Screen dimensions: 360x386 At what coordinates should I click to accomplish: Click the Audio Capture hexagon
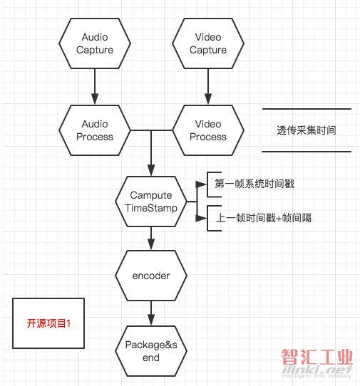click(95, 43)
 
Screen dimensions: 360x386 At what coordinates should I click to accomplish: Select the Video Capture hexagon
click(208, 43)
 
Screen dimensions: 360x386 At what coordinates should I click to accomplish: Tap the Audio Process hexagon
click(95, 130)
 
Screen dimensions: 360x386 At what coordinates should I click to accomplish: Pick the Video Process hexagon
click(208, 130)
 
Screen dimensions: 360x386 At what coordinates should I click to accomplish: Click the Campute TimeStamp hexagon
click(151, 202)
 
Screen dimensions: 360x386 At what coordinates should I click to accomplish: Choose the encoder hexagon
click(151, 276)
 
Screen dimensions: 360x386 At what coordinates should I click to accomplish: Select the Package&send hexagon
click(151, 351)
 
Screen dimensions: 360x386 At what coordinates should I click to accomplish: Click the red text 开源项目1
click(48, 323)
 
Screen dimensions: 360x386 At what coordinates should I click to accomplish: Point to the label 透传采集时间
click(307, 130)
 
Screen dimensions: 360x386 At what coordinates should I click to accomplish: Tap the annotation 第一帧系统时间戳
click(254, 184)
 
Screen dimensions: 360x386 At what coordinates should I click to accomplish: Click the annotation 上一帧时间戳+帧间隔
click(264, 218)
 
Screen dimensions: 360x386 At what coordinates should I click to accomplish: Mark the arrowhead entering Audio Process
click(95, 99)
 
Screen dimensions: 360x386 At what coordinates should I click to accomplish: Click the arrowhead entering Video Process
click(208, 99)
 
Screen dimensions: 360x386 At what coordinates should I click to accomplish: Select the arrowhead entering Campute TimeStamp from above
click(151, 170)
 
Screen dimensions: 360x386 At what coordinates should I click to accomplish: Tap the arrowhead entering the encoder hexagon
click(151, 244)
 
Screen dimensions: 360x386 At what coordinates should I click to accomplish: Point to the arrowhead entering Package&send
click(151, 320)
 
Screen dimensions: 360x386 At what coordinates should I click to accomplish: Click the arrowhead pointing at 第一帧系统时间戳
click(201, 184)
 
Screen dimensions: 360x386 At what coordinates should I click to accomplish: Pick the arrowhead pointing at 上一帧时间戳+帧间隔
click(201, 218)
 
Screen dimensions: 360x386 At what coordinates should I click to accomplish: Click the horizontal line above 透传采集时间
click(307, 108)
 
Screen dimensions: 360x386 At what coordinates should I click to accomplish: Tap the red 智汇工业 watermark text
click(317, 357)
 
